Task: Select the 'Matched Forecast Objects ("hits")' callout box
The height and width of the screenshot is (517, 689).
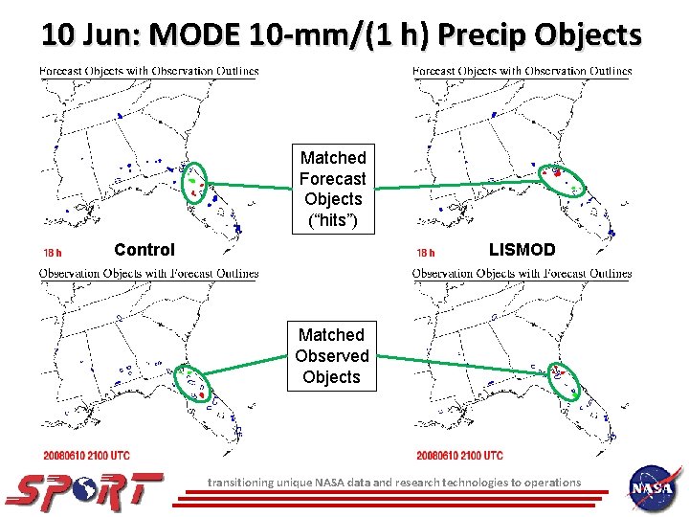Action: coord(332,189)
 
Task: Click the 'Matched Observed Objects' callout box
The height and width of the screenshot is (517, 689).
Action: coord(331,355)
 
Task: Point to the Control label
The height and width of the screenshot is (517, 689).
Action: coord(144,250)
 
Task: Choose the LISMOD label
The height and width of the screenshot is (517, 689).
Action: coord(522,250)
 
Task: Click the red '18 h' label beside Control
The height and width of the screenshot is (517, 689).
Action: coord(54,254)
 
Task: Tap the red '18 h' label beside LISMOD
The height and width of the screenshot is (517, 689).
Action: coord(427,254)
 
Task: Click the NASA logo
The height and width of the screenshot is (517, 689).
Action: coord(656,489)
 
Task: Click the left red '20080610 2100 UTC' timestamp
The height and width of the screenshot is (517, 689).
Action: coord(86,455)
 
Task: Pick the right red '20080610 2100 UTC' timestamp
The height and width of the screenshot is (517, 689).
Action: coord(459,455)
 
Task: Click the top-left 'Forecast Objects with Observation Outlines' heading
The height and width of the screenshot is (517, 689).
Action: coord(149,71)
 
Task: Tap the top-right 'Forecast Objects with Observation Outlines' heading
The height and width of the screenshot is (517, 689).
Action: coord(522,71)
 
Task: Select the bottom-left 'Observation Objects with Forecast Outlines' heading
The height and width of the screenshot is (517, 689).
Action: coord(149,273)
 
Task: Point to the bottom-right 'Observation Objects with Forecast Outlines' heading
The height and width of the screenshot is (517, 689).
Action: coord(522,273)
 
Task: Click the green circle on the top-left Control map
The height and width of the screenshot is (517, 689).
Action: coord(194,181)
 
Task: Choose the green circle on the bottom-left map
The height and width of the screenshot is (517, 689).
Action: coord(193,384)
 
